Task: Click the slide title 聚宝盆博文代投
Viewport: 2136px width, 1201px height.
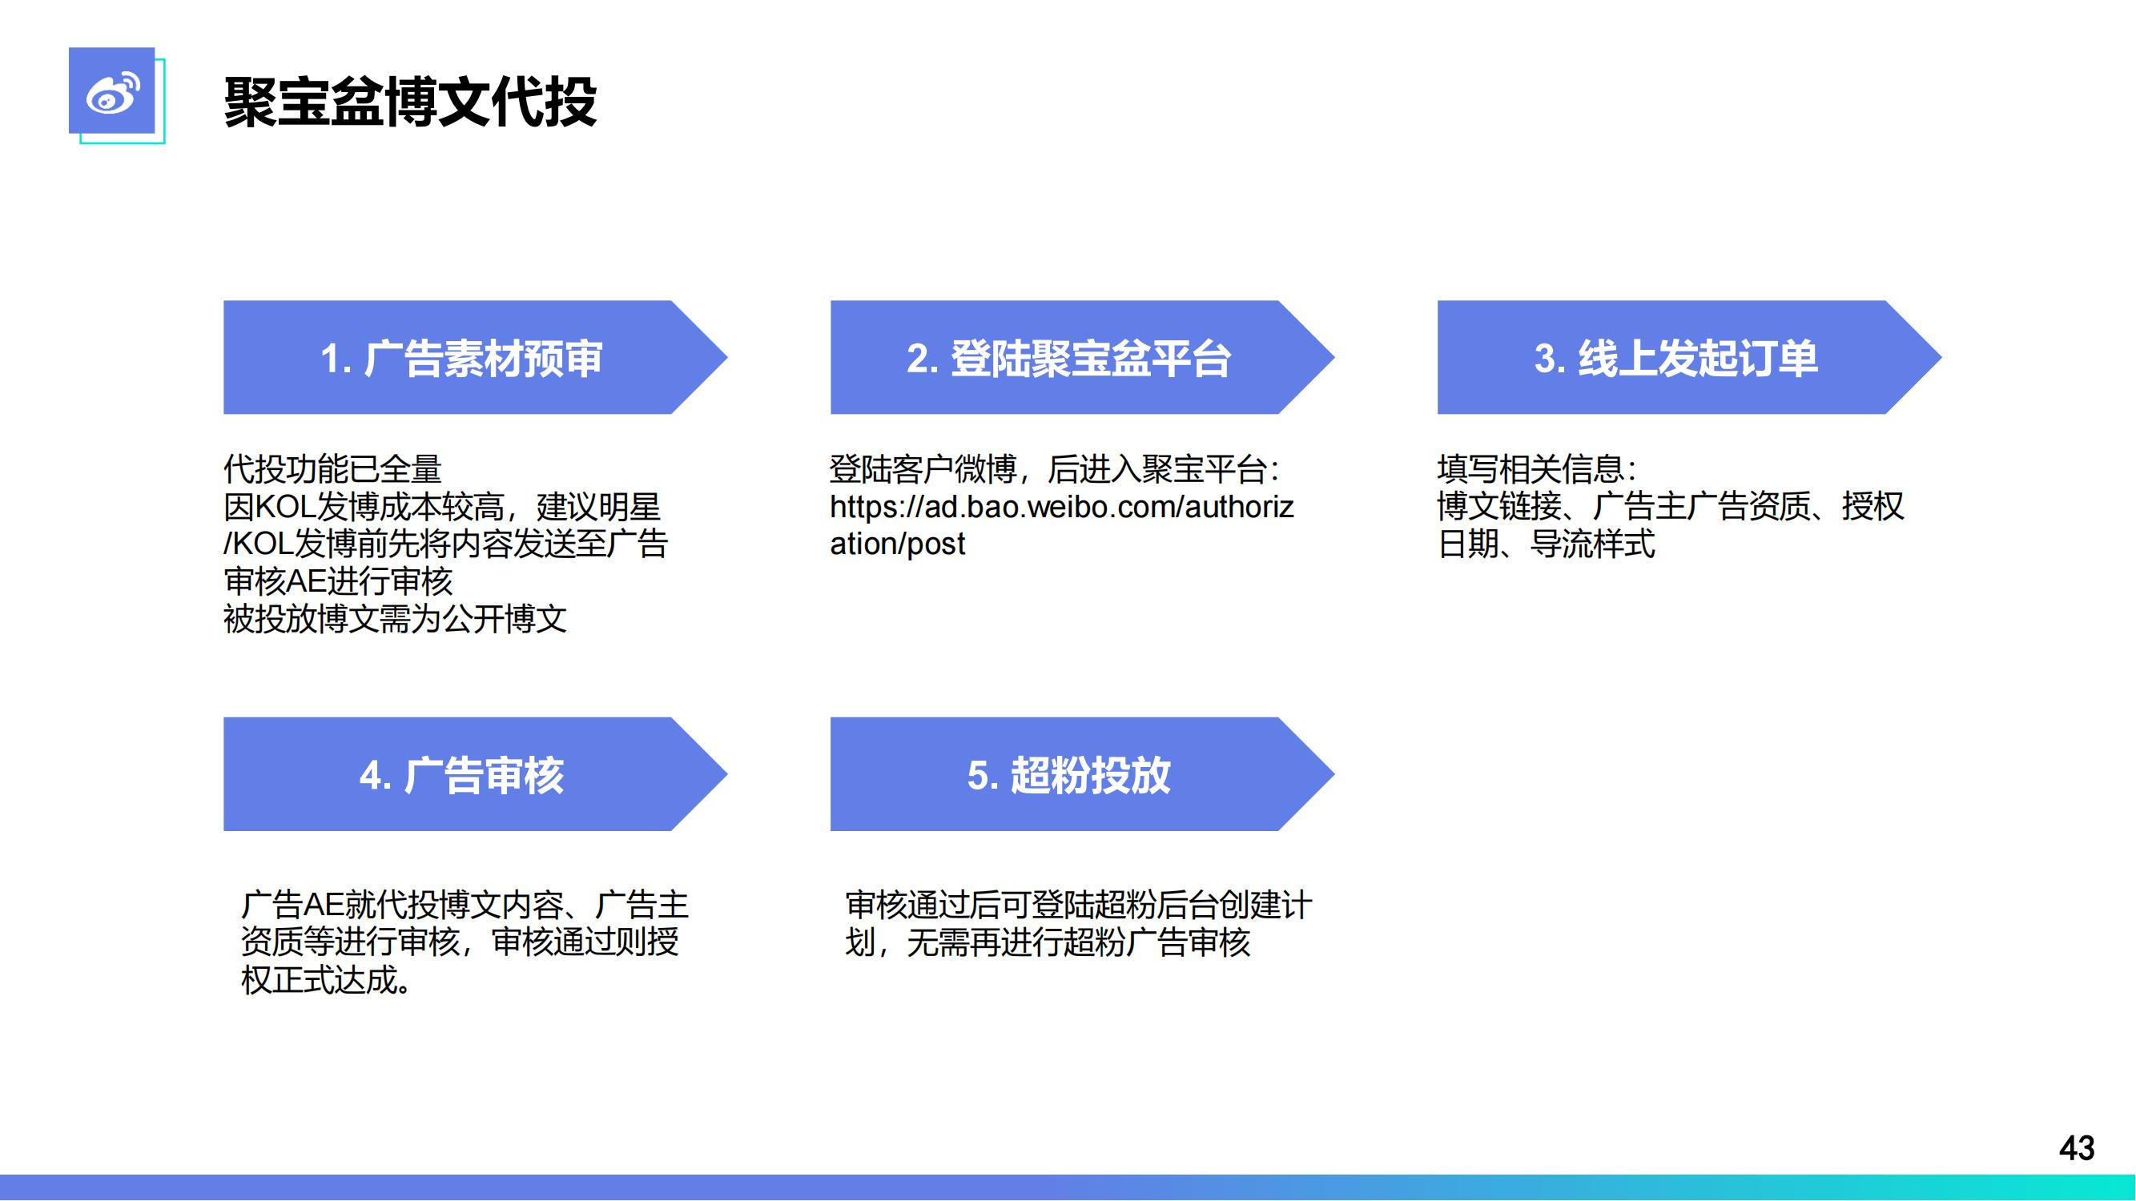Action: tap(410, 102)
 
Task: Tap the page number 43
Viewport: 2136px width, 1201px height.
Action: tap(2077, 1148)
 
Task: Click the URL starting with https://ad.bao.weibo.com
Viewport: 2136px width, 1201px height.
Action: tap(1062, 524)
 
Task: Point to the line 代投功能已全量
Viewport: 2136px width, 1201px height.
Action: tap(332, 469)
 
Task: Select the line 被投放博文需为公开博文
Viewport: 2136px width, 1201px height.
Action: tap(396, 619)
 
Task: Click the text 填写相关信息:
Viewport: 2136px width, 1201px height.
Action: tap(1536, 469)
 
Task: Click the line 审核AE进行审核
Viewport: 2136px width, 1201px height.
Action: tap(338, 581)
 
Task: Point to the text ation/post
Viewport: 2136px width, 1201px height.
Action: tap(898, 544)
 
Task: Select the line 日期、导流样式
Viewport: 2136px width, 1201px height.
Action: tap(1547, 544)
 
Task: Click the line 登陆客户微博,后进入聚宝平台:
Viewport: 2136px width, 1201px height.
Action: tap(1056, 469)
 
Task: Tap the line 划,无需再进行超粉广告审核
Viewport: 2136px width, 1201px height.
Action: tap(1048, 942)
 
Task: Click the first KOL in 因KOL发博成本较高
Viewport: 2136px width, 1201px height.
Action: tap(284, 507)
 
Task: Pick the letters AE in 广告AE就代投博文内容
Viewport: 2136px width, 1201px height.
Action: tap(324, 904)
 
